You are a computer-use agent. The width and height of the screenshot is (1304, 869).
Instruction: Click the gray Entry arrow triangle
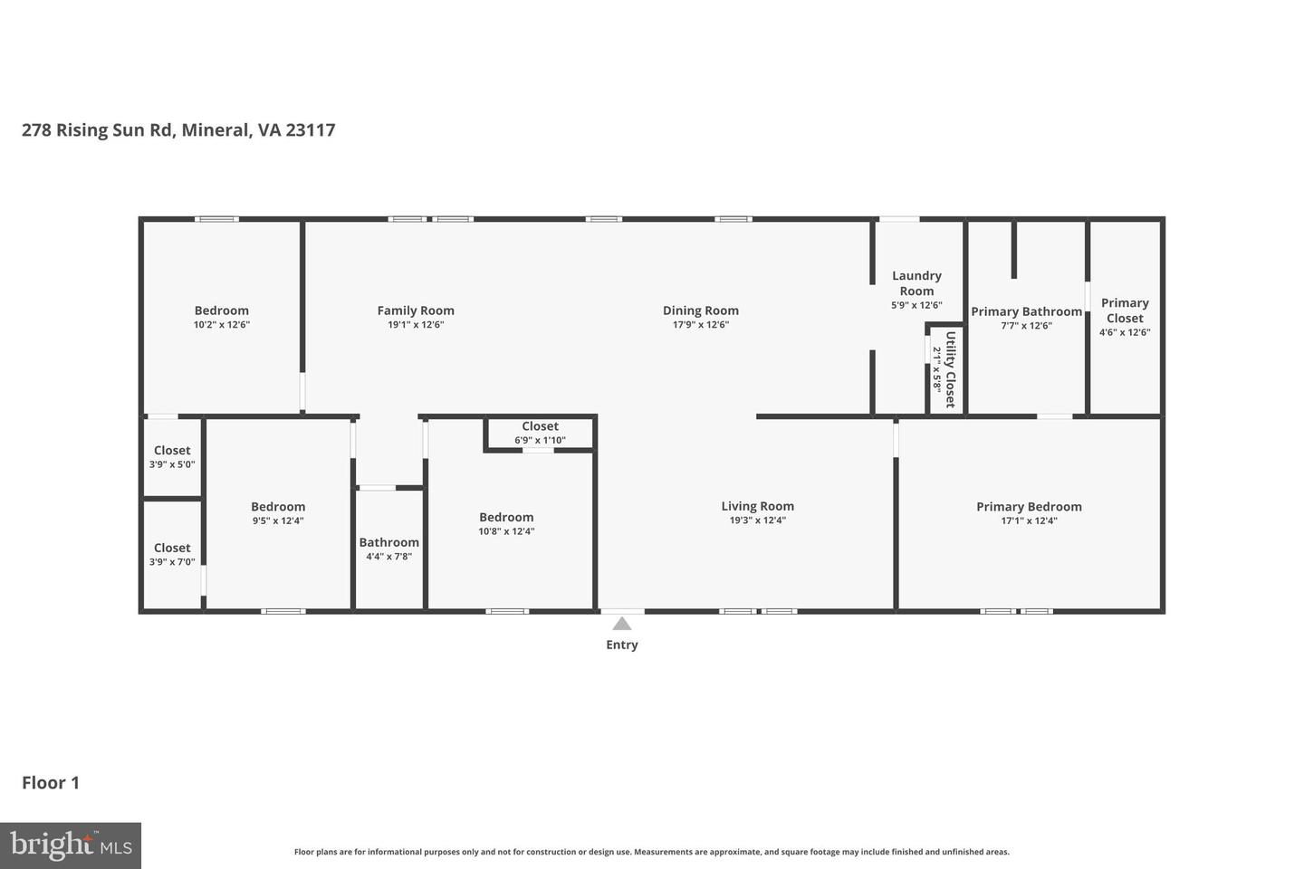pos(622,624)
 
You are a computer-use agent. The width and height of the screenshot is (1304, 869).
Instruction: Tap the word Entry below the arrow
pos(622,645)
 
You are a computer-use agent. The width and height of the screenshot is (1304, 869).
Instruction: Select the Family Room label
pos(416,310)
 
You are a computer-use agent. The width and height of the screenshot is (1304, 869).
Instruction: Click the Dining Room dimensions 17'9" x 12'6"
pos(700,325)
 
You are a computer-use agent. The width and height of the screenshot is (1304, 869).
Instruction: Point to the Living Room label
pos(757,507)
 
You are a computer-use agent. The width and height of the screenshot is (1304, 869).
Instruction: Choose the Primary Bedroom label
pos(1029,507)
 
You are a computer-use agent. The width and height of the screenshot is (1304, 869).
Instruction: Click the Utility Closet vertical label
pos(950,369)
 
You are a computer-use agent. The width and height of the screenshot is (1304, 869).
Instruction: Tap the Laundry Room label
pos(916,283)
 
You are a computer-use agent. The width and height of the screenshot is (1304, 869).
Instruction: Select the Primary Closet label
pos(1125,310)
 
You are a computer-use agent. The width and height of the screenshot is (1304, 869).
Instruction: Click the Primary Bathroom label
pos(1026,311)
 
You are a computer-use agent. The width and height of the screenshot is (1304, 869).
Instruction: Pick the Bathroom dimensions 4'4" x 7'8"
pos(388,557)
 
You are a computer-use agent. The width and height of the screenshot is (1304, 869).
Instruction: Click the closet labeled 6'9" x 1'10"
pos(540,433)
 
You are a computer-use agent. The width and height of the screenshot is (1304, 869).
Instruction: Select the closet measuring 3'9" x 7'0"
pos(172,554)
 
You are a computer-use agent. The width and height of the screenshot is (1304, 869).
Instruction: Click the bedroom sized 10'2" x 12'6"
pos(221,317)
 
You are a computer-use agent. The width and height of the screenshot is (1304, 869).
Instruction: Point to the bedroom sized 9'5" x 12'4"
pos(278,513)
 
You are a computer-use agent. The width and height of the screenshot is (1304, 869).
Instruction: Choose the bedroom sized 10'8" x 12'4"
pos(506,524)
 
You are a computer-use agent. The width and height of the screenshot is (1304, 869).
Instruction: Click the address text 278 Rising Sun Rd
pos(97,129)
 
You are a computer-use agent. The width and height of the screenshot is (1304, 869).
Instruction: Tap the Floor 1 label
pos(51,783)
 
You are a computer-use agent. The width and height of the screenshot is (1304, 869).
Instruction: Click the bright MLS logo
pos(71,845)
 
